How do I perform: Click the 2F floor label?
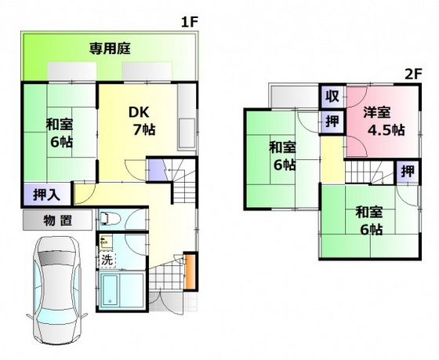coord(413,75)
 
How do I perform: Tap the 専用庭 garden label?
coord(109,49)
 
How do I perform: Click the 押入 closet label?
coord(37,193)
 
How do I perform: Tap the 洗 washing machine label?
coord(106,258)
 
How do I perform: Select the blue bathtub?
coord(120,289)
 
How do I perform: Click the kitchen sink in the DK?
coord(187,129)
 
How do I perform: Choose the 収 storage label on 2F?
coord(332,96)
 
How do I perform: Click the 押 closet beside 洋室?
coord(332,122)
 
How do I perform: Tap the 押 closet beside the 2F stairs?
coord(407,172)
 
